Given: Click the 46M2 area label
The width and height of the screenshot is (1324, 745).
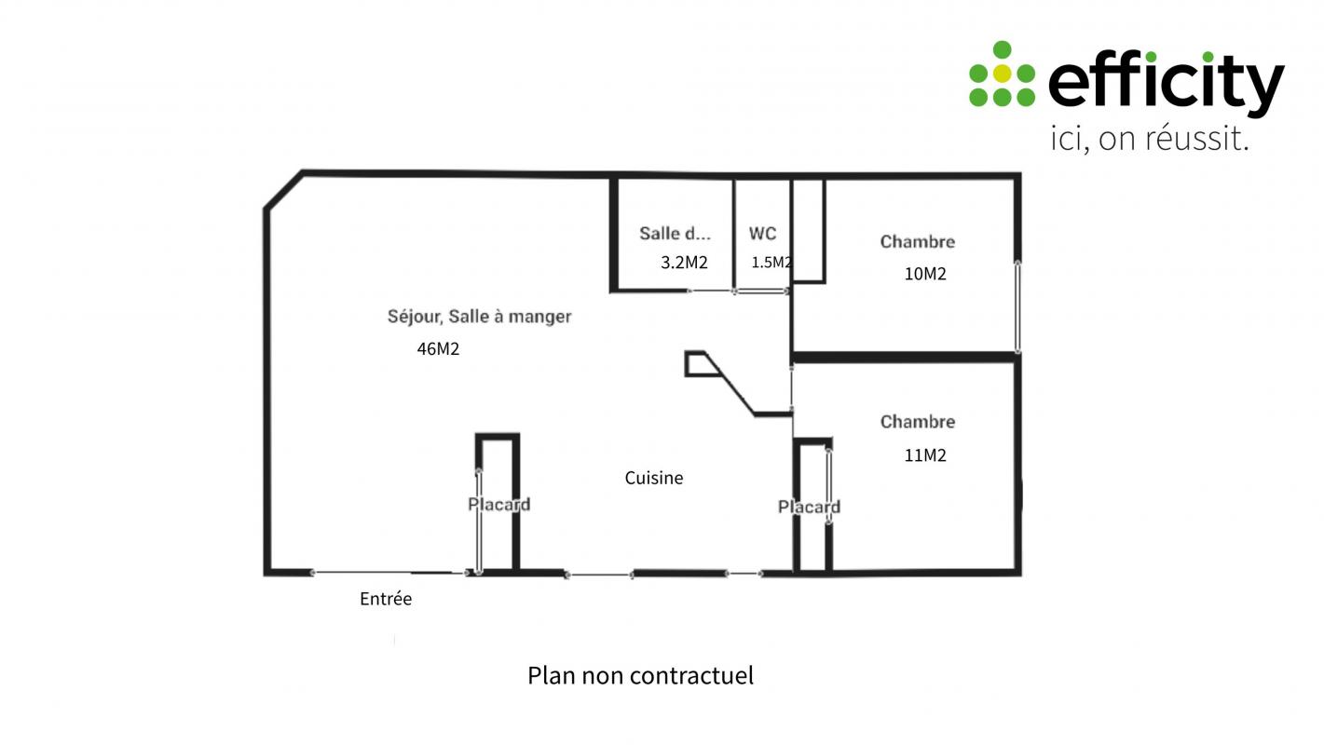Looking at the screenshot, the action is tap(438, 349).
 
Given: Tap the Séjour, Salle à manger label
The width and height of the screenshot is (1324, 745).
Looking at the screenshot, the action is tap(479, 317).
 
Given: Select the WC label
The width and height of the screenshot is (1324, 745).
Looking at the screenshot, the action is tap(762, 234).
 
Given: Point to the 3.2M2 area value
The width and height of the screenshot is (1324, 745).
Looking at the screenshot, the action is tap(684, 263).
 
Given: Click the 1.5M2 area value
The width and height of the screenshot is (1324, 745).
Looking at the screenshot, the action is tap(771, 263).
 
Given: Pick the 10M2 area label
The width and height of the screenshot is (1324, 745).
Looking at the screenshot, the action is tap(925, 274).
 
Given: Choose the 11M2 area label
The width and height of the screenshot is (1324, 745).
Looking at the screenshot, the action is tap(925, 455).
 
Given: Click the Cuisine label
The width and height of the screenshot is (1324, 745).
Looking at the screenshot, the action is tap(654, 478).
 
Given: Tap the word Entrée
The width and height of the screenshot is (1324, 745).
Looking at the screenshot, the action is tap(386, 599).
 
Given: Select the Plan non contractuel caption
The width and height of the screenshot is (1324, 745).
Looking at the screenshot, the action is tap(640, 676).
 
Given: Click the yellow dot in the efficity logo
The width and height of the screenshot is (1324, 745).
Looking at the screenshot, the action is tap(1002, 74).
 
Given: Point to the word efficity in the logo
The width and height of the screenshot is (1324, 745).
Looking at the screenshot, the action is tap(1167, 83).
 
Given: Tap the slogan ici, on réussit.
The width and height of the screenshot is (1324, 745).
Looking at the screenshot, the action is tap(1149, 138).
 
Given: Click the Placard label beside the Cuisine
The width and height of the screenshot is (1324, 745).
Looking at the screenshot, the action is tap(498, 505).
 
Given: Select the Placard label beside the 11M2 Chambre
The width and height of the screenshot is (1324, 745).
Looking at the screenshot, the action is tap(809, 507).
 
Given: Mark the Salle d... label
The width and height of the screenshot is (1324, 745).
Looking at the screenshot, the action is tap(675, 234).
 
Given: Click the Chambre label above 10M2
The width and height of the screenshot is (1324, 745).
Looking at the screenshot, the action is tap(918, 241).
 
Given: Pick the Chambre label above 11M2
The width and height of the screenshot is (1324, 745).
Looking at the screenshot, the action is tap(918, 422).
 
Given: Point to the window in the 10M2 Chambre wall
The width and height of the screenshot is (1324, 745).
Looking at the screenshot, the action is tap(1017, 307).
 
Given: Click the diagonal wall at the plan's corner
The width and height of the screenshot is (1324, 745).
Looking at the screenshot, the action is tap(283, 190).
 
